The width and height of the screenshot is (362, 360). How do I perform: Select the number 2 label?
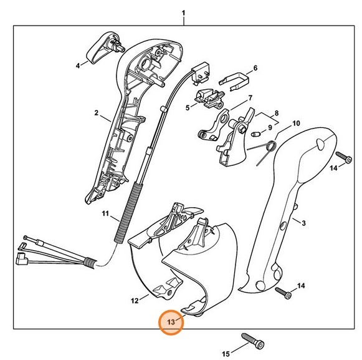(97, 113)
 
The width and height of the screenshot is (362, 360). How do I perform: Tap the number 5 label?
(187, 107)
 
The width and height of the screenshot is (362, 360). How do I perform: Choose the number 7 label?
(249, 98)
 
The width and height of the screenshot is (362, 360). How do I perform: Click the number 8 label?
(277, 115)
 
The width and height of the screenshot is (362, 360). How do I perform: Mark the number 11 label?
(107, 213)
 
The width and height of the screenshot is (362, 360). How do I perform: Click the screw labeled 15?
(250, 342)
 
